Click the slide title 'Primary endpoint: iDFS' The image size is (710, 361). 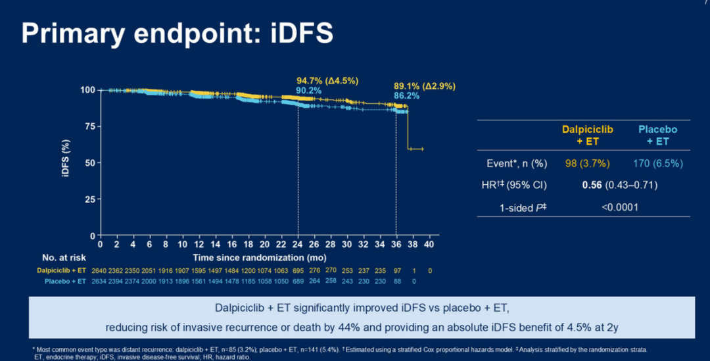(177, 33)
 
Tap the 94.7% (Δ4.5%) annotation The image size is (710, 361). (327, 80)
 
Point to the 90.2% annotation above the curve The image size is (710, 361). (308, 90)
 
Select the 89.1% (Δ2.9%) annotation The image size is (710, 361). (425, 85)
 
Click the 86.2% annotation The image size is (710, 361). (407, 95)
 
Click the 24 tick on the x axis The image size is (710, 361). (298, 244)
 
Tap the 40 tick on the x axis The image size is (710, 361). (430, 244)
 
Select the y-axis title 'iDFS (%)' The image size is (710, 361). (75, 162)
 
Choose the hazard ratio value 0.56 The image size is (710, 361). (592, 185)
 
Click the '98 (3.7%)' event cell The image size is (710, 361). (588, 162)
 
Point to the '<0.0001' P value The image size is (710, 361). (620, 207)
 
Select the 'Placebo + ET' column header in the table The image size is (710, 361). (657, 135)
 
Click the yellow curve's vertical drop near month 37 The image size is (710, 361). (408, 128)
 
